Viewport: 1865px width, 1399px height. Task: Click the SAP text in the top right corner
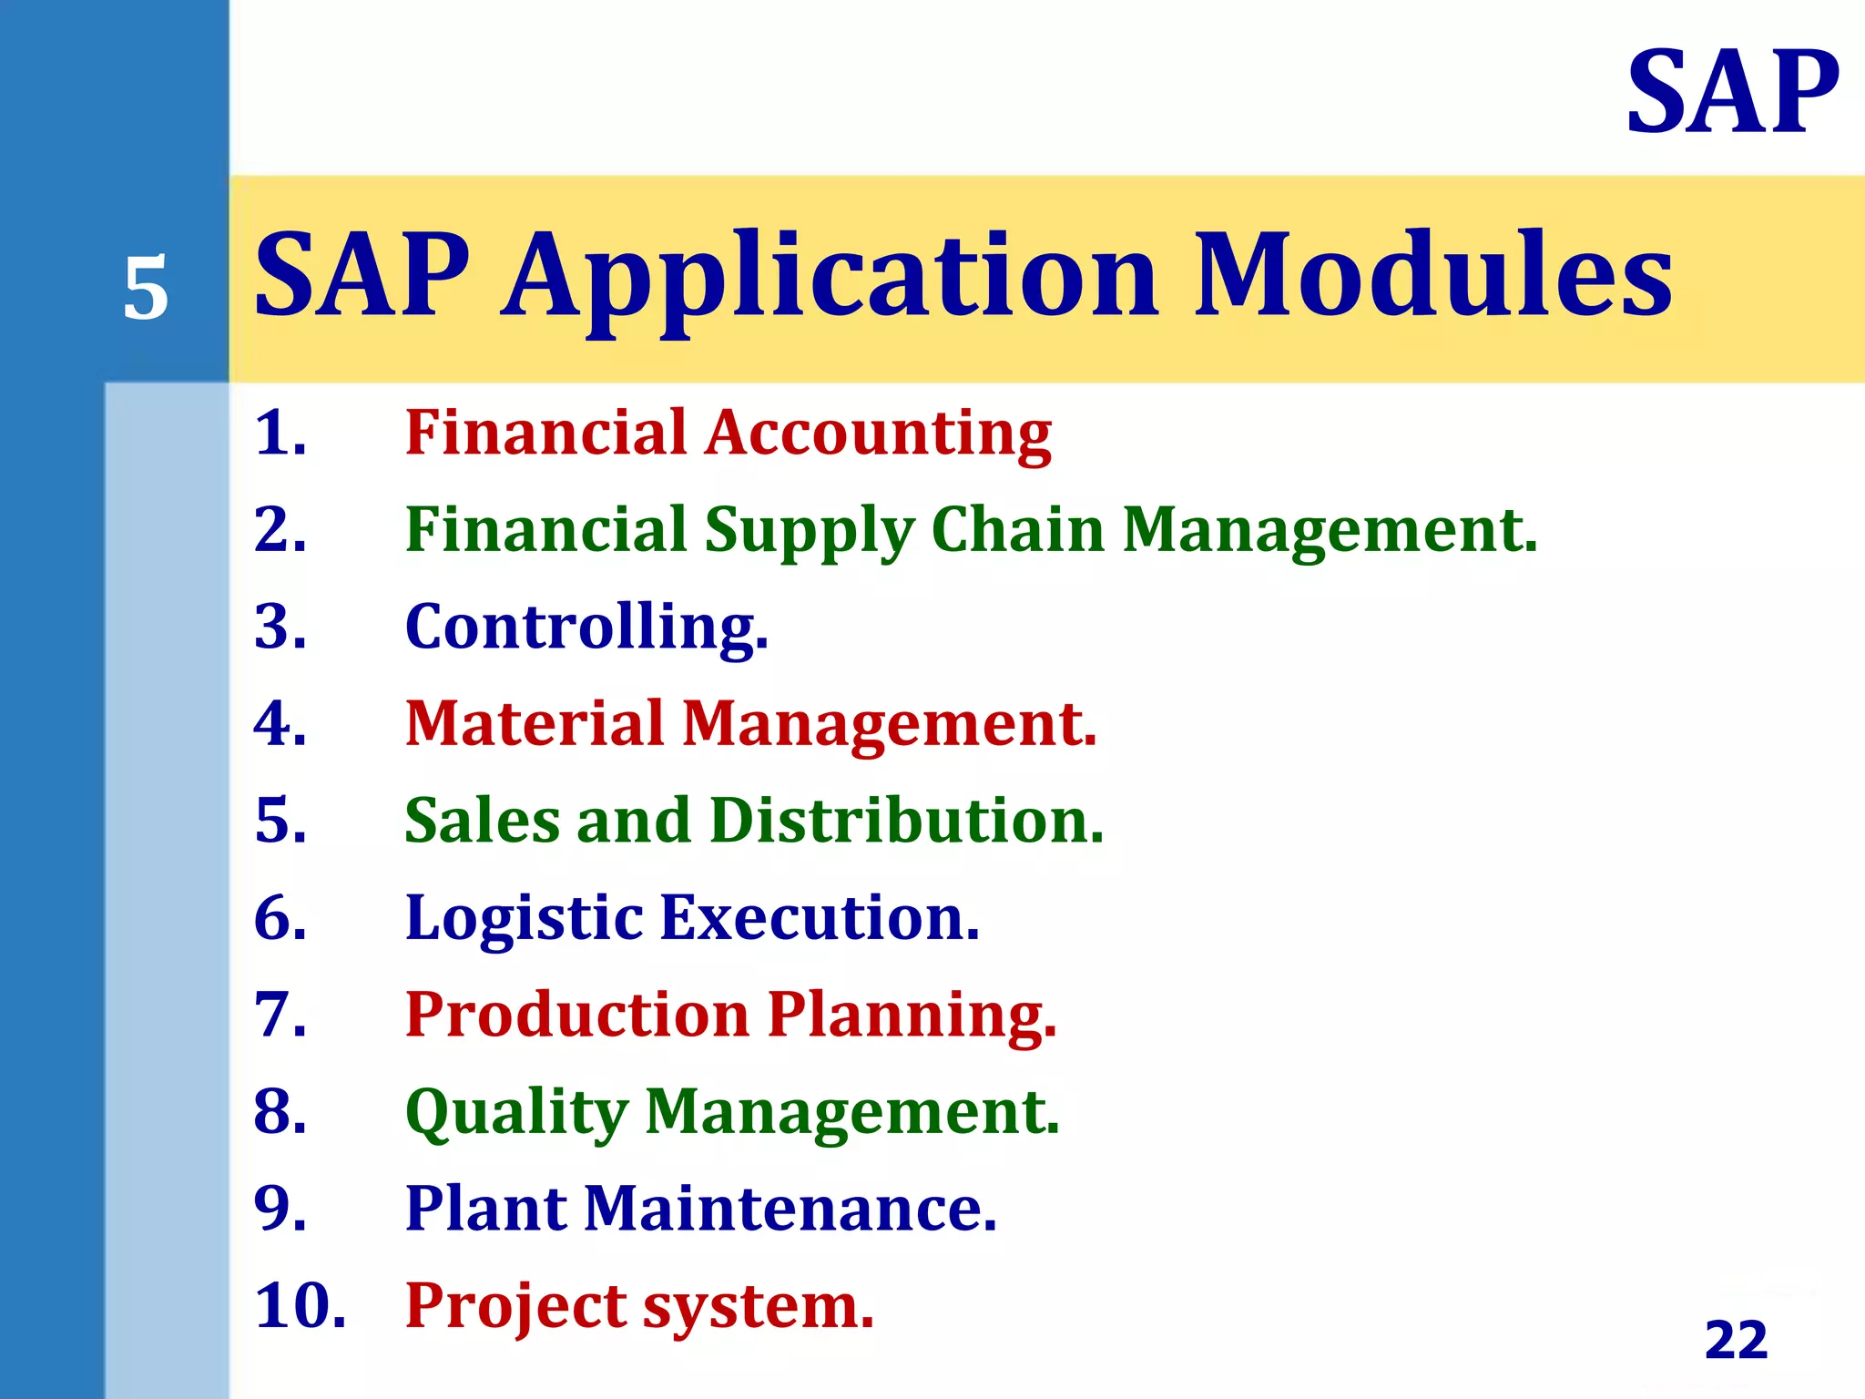pyautogui.click(x=1732, y=93)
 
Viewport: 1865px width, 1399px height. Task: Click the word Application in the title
pyautogui.click(x=831, y=277)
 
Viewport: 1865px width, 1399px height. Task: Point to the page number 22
pyautogui.click(x=1736, y=1340)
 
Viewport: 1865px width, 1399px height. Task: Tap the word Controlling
pyautogui.click(x=586, y=628)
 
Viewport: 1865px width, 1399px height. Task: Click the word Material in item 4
pyautogui.click(x=535, y=724)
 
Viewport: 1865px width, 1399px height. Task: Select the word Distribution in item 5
pyautogui.click(x=905, y=821)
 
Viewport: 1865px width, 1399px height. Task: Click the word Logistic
pyautogui.click(x=524, y=919)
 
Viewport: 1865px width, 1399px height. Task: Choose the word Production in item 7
pyautogui.click(x=576, y=1015)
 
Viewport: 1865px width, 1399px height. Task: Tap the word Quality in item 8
pyautogui.click(x=516, y=1113)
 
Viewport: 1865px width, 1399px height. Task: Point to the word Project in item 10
pyautogui.click(x=515, y=1306)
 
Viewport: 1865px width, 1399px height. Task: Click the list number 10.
pyautogui.click(x=299, y=1306)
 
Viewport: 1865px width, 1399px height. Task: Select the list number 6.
pyautogui.click(x=280, y=918)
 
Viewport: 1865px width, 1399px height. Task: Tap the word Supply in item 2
pyautogui.click(x=808, y=531)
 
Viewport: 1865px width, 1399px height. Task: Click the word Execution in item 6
pyautogui.click(x=819, y=918)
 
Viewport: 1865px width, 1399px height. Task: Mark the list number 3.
pyautogui.click(x=280, y=628)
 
